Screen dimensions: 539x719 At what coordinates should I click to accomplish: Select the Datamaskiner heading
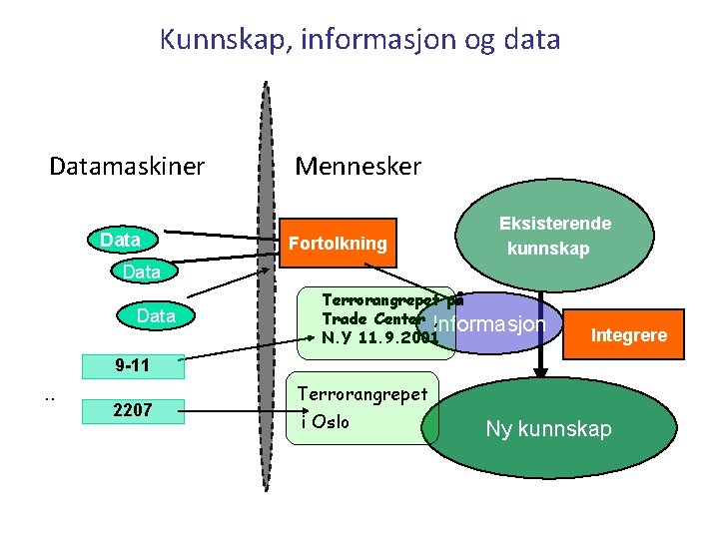pos(127,166)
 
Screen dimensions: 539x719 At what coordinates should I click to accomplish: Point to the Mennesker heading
pos(359,166)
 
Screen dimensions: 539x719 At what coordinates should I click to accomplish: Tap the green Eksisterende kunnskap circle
pos(555,237)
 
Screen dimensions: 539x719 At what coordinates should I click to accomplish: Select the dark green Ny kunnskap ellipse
pos(547,428)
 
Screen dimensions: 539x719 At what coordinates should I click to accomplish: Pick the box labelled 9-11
pos(132,365)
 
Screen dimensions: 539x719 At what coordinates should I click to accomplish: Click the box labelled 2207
pos(133,409)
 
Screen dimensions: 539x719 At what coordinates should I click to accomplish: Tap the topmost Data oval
pos(121,241)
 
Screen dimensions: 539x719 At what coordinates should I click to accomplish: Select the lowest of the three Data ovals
pos(156,316)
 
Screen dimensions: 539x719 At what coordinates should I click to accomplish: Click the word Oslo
pos(332,421)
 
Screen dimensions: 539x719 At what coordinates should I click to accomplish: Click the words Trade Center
pos(366,318)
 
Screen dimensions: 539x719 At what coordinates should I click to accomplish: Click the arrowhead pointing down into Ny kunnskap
pos(540,372)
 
